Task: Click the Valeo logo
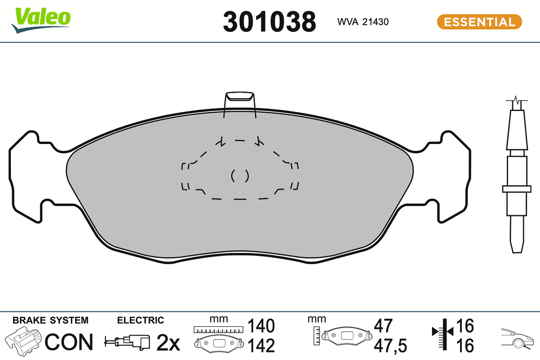(40, 20)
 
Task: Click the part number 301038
(269, 22)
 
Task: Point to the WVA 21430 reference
(363, 22)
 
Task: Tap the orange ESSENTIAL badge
(480, 22)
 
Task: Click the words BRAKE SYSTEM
(50, 320)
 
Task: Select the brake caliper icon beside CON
(23, 341)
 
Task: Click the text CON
(69, 342)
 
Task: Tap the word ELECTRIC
(140, 320)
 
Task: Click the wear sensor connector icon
(127, 342)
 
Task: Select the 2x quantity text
(168, 342)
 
